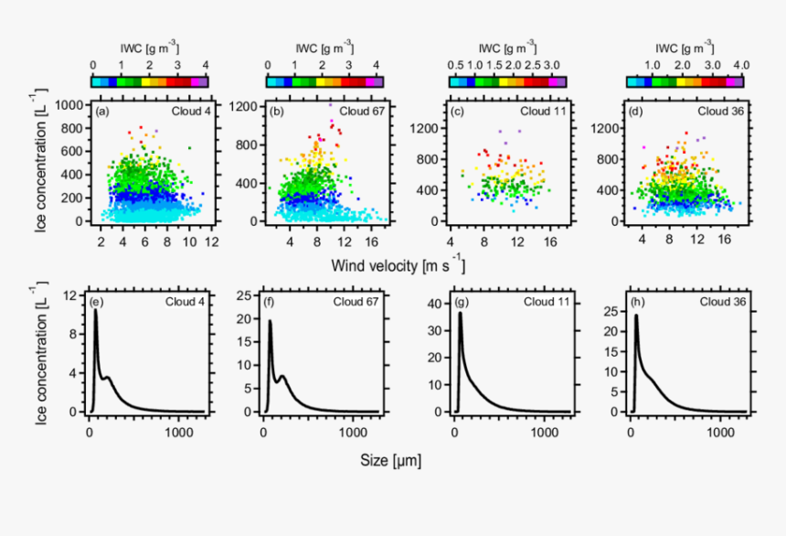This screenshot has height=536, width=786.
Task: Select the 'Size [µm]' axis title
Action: click(x=393, y=457)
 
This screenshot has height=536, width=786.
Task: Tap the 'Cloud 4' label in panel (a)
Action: click(x=191, y=111)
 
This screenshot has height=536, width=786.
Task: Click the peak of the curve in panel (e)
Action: click(x=95, y=310)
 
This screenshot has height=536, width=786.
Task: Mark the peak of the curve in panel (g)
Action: click(x=460, y=313)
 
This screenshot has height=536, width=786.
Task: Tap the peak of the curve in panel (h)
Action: click(x=636, y=316)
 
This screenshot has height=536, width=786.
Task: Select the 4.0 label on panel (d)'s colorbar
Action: click(x=740, y=66)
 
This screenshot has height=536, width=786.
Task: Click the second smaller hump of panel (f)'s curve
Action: click(x=283, y=377)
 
